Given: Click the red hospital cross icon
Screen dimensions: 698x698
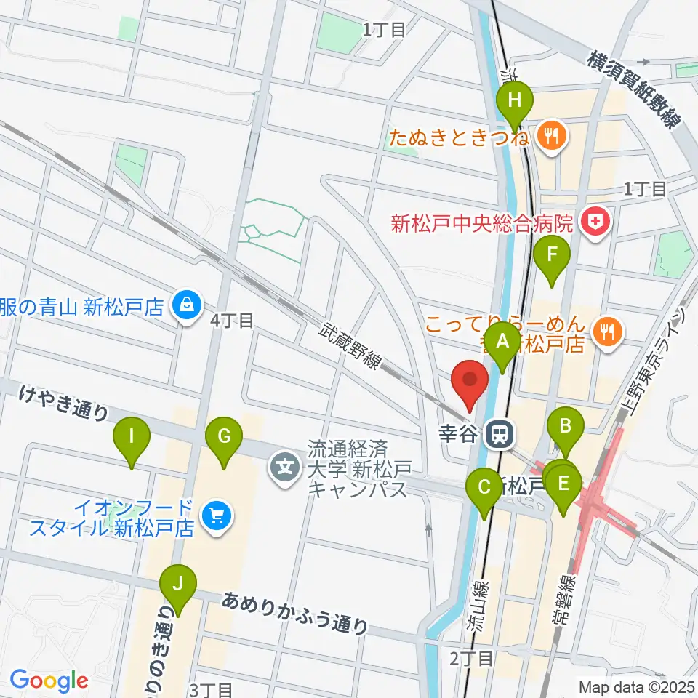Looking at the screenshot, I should coord(595,220).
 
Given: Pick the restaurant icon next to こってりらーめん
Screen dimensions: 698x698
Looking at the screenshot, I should coord(606,332).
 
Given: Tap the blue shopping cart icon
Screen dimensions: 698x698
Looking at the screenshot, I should coord(216,516).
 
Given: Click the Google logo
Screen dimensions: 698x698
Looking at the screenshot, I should coord(49,681).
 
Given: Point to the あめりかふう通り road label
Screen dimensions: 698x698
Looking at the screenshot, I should coord(295,613).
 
